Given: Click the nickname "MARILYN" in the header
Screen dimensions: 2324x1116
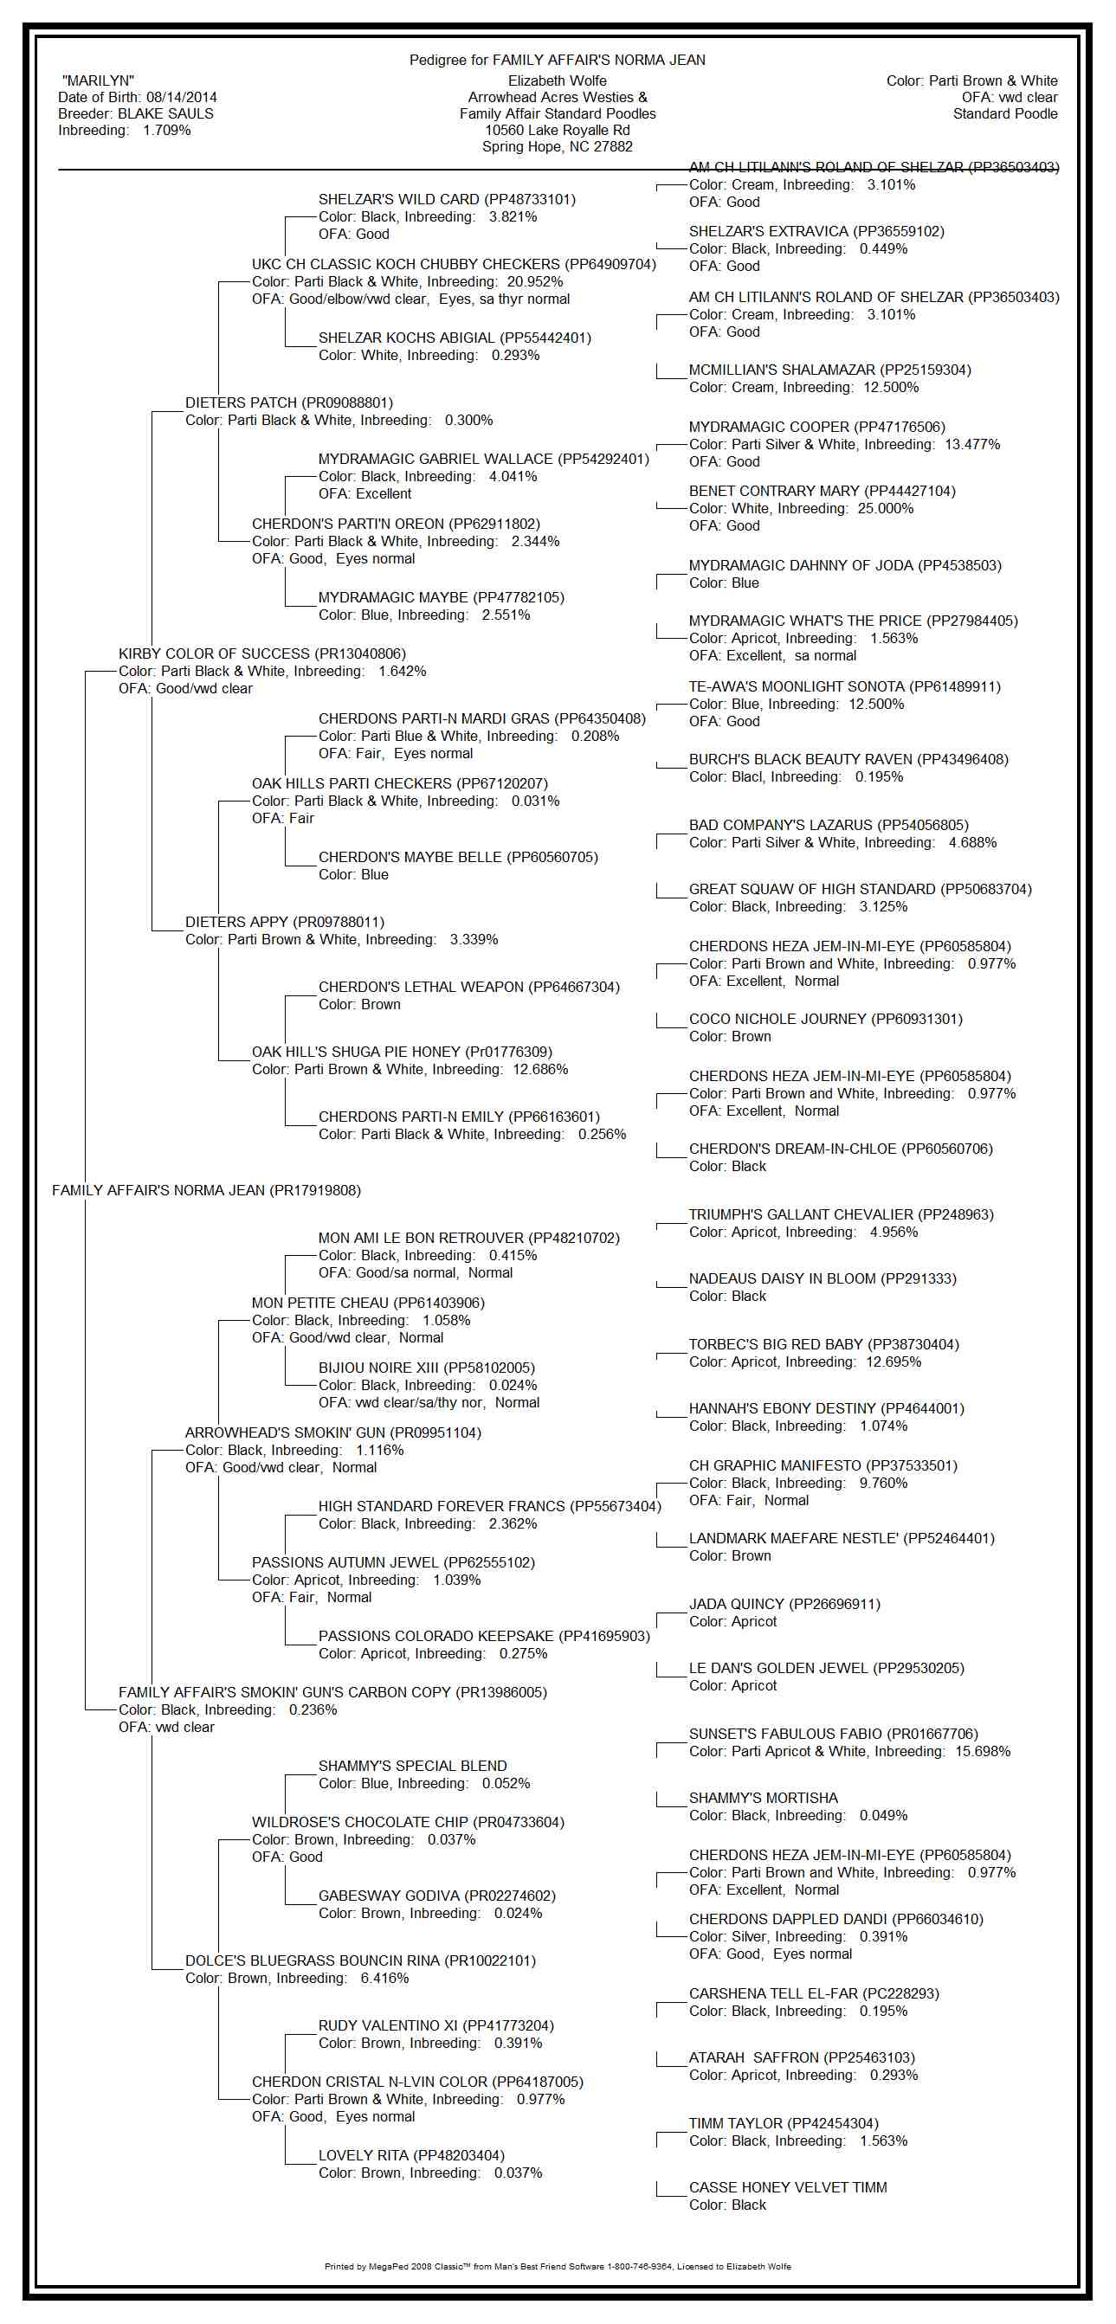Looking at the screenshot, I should coord(99,81).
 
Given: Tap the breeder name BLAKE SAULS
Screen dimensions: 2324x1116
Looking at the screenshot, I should coord(165,113).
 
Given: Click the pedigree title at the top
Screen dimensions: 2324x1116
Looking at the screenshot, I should coord(557,61).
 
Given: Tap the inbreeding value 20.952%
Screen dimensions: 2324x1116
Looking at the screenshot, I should coord(535,282).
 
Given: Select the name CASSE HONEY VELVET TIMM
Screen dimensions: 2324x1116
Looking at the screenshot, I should coord(788,2188).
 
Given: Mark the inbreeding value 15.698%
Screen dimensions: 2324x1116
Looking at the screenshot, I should coord(983,1751).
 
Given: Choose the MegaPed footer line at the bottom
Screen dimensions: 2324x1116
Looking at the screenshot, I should coord(557,2266).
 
